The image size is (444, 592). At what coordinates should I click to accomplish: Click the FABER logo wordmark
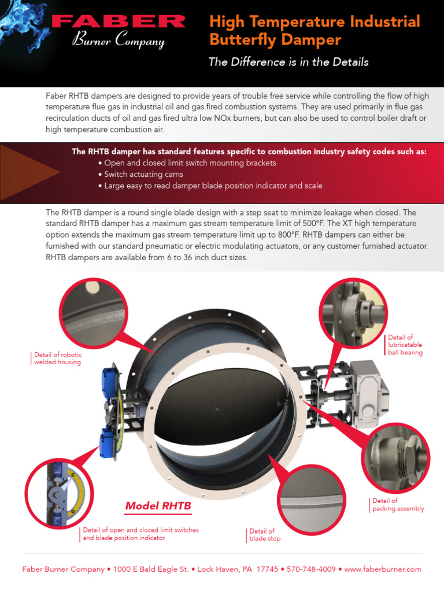point(118,22)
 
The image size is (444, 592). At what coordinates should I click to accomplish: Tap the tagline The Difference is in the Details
point(288,62)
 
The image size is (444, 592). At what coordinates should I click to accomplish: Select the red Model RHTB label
point(158,506)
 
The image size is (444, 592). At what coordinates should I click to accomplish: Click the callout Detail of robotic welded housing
point(57,358)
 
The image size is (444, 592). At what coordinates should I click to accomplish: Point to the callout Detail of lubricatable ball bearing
point(405,345)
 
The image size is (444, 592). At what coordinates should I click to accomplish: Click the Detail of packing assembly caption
point(398,505)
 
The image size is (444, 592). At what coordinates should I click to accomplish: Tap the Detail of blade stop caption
point(265,535)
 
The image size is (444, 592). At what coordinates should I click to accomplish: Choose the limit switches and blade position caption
point(140,534)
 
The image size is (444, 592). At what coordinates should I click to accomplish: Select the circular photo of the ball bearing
point(354,313)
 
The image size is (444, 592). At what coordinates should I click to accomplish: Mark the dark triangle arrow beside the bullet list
point(31,171)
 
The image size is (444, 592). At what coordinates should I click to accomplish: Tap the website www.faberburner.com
point(383,569)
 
